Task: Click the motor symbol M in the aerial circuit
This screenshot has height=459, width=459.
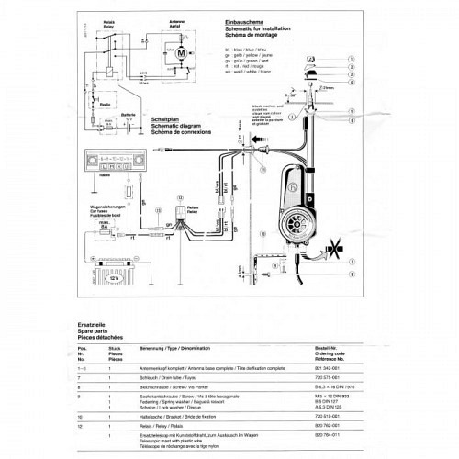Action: pyautogui.click(x=182, y=55)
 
